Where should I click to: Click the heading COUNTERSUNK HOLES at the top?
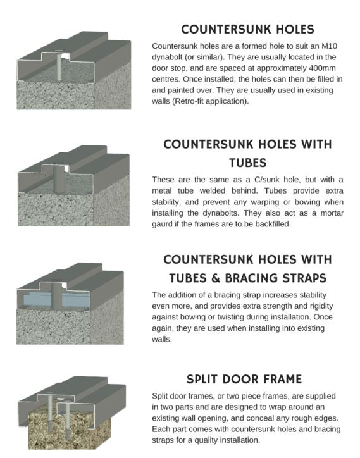coord(247,30)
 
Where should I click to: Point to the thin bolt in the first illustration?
coord(59,67)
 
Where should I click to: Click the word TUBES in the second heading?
coord(248,163)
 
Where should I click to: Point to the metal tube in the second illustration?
coord(59,178)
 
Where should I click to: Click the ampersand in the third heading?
coord(215,278)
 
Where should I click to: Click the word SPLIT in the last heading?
coord(202,379)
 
